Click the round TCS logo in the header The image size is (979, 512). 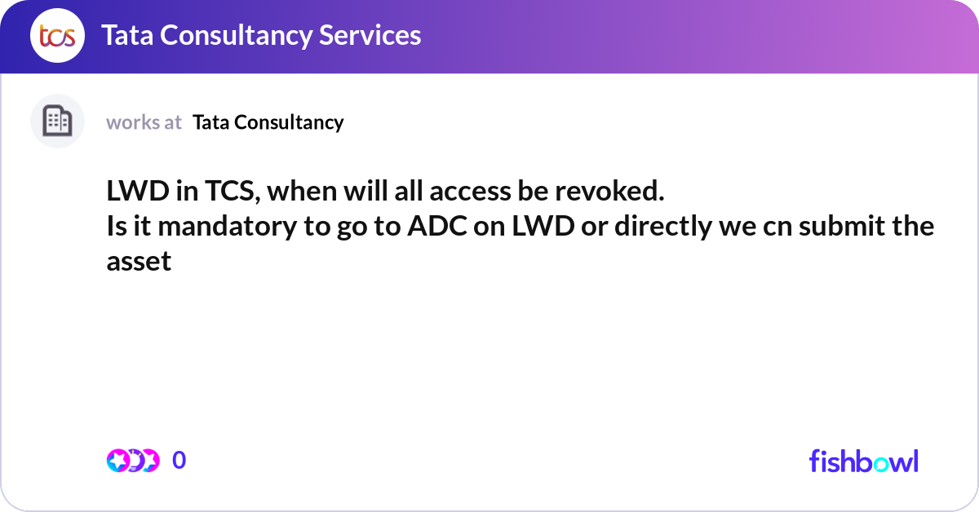[x=57, y=36]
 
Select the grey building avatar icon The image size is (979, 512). [x=57, y=121]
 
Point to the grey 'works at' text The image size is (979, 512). [x=144, y=122]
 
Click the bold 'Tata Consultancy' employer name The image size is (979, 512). [x=268, y=122]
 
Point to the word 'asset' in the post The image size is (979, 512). [x=139, y=261]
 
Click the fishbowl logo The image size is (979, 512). [x=863, y=461]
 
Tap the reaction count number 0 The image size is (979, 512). [x=179, y=461]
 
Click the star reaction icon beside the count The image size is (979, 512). [x=120, y=461]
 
